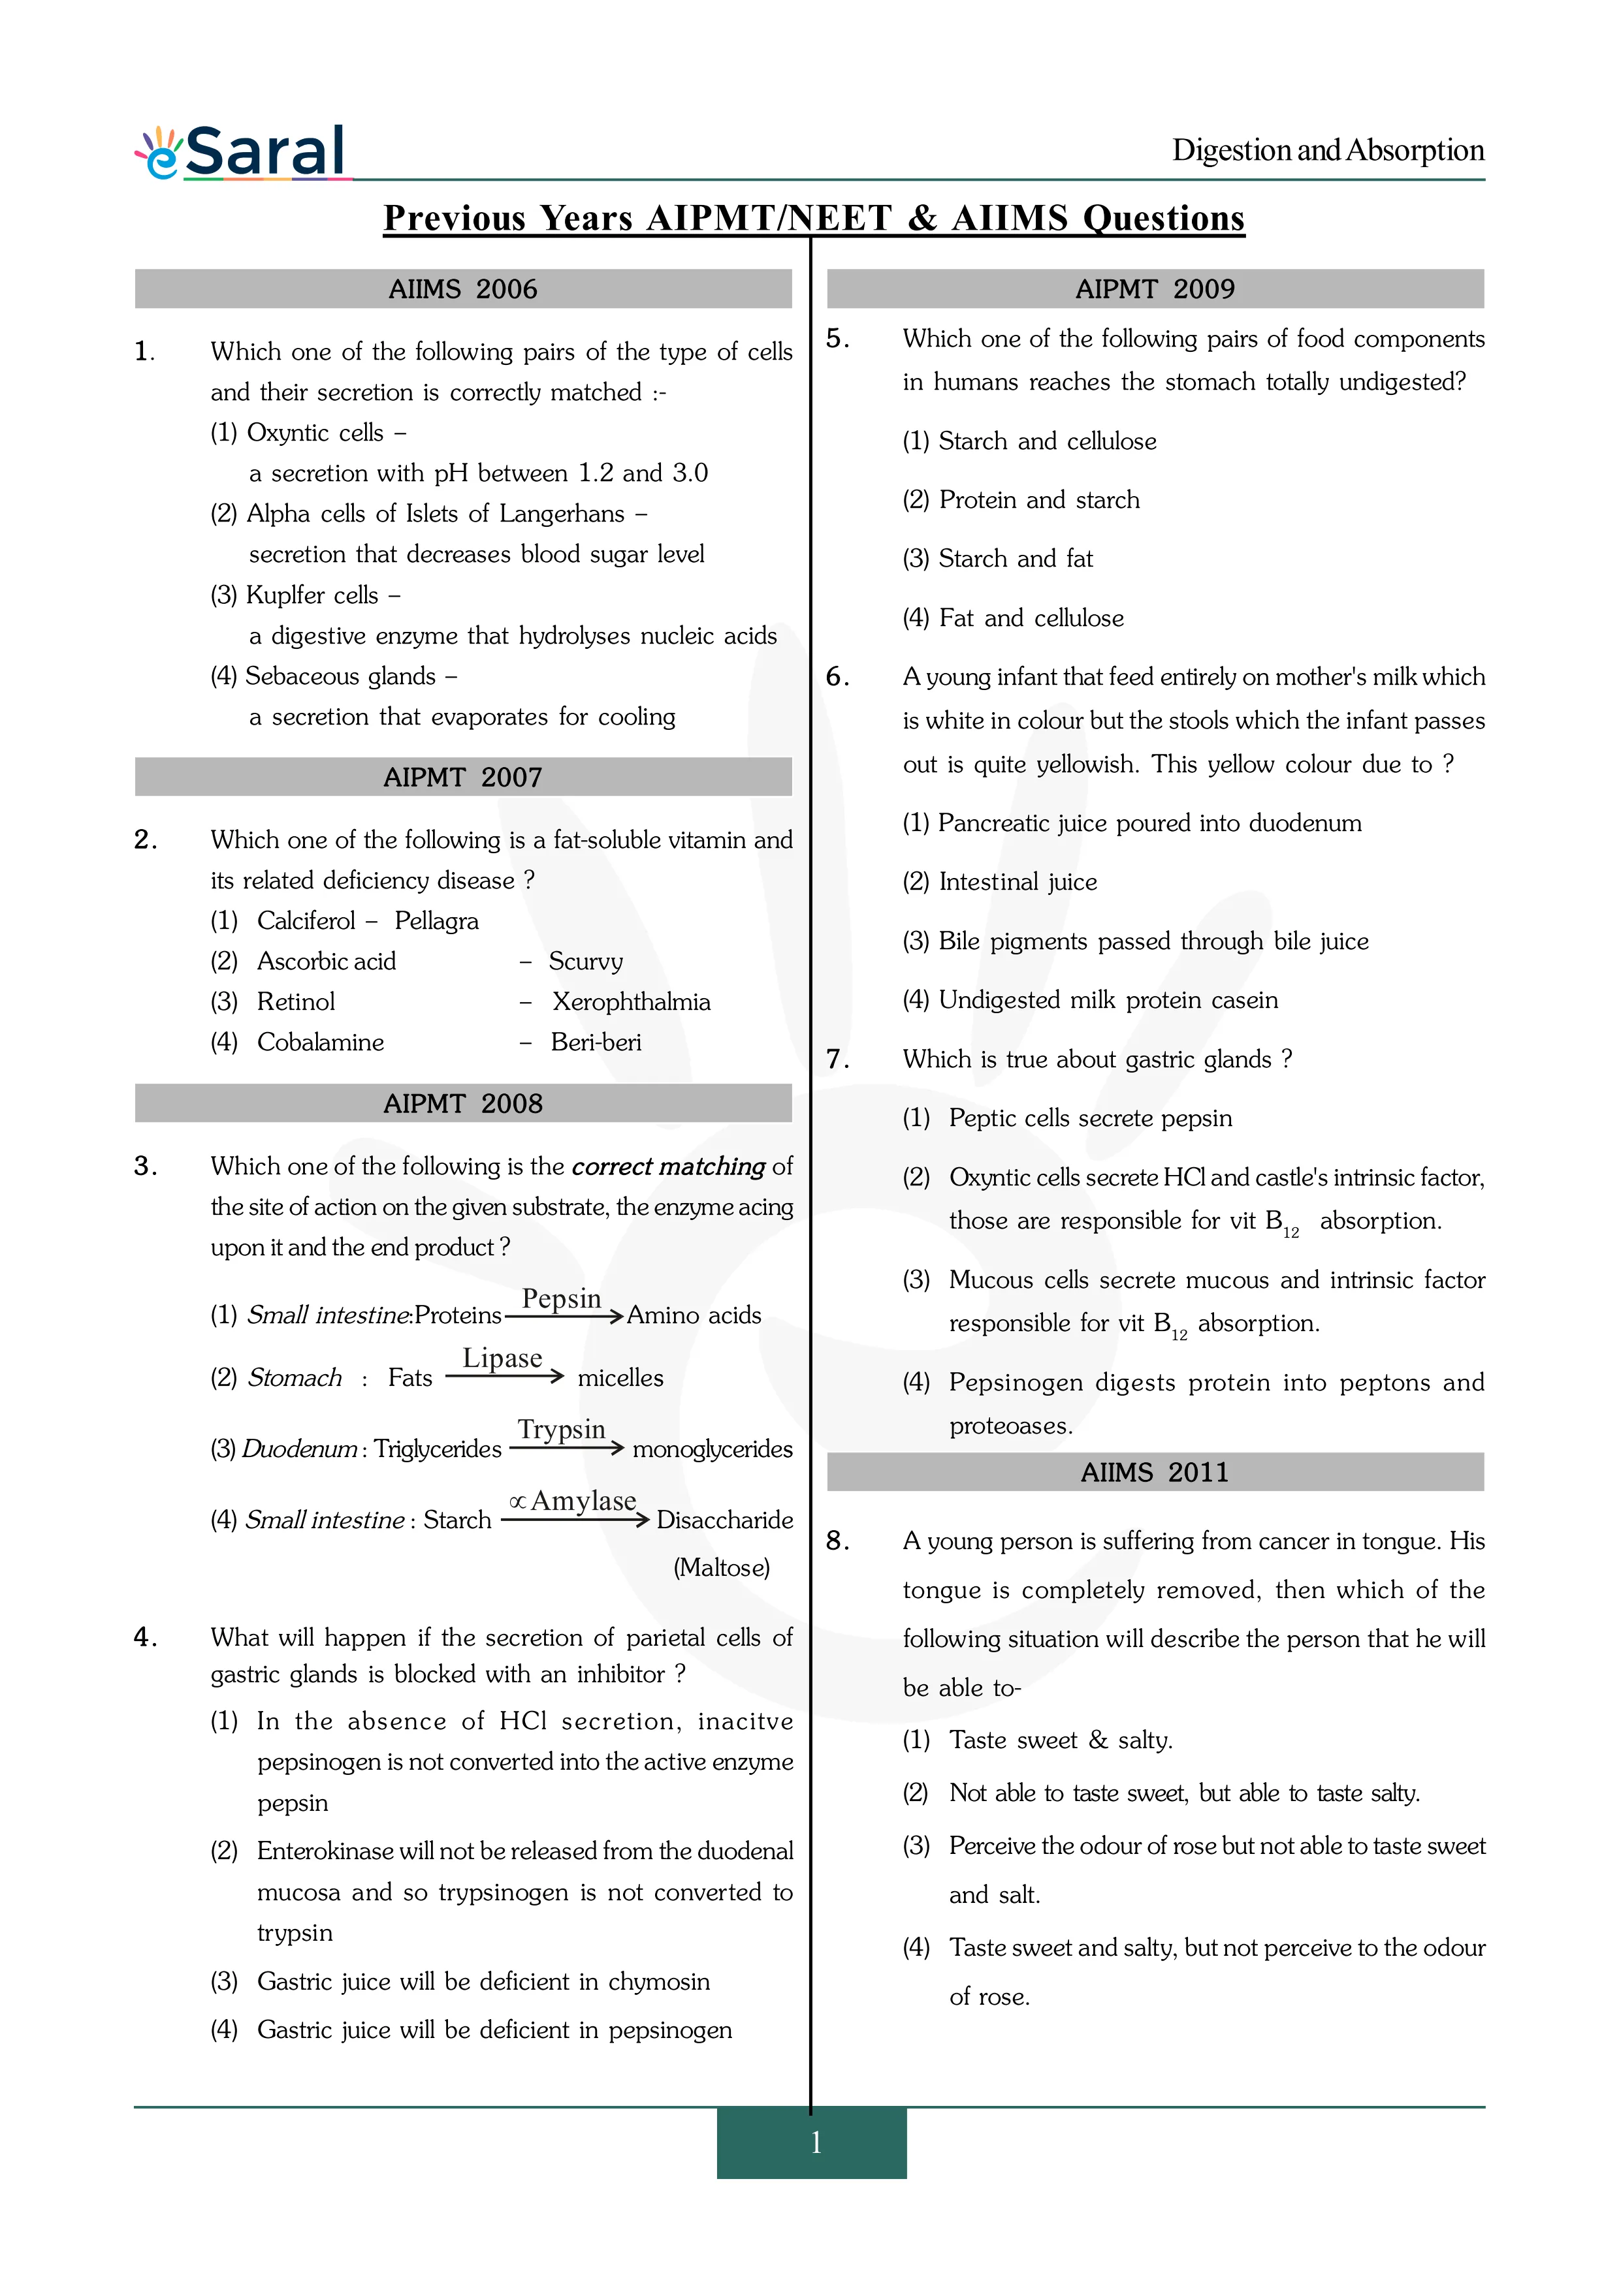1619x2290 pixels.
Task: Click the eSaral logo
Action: pyautogui.click(x=242, y=153)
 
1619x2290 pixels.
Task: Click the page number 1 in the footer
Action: pyautogui.click(x=815, y=2141)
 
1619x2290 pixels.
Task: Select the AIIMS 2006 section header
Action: pyautogui.click(x=463, y=289)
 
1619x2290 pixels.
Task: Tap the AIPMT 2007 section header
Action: pyautogui.click(x=463, y=777)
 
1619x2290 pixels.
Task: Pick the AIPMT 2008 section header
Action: pyautogui.click(x=463, y=1103)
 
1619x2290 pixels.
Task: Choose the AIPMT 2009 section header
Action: pyautogui.click(x=1155, y=289)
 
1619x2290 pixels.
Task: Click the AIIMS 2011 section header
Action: pyautogui.click(x=1155, y=1472)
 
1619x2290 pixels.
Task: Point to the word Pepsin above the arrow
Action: pyautogui.click(x=562, y=1298)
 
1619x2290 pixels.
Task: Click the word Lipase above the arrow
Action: pyautogui.click(x=502, y=1358)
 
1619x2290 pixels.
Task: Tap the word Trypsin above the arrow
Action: pyautogui.click(x=562, y=1429)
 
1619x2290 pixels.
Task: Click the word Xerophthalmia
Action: pyautogui.click(x=632, y=1001)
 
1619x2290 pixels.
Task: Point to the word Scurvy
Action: pyautogui.click(x=586, y=962)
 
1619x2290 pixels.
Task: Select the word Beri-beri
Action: pyautogui.click(x=596, y=1043)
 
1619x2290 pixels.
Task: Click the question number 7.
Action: pyautogui.click(x=837, y=1059)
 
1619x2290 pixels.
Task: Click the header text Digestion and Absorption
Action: pyautogui.click(x=1328, y=151)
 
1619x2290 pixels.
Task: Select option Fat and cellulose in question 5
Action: pyautogui.click(x=1031, y=618)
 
